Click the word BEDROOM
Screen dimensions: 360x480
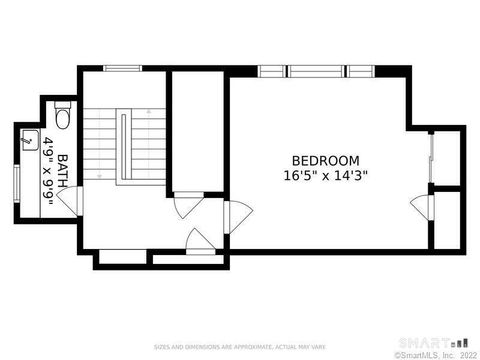pyautogui.click(x=326, y=160)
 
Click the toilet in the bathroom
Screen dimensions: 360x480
pyautogui.click(x=62, y=121)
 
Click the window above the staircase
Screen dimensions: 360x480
pyautogui.click(x=122, y=68)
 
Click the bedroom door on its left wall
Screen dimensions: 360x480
pyautogui.click(x=238, y=213)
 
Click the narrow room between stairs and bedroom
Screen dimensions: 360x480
pyautogui.click(x=197, y=130)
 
